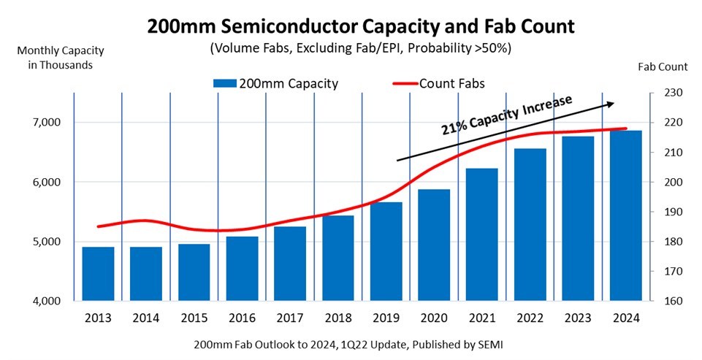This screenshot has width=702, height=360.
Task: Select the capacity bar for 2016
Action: pyautogui.click(x=242, y=268)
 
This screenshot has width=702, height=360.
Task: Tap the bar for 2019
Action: pyautogui.click(x=386, y=251)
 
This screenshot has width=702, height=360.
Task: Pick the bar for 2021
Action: pyautogui.click(x=482, y=234)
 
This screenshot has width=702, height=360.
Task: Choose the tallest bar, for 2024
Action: pyautogui.click(x=626, y=215)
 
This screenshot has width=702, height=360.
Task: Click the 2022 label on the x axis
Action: pyautogui.click(x=530, y=318)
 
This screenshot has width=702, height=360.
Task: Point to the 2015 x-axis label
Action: pyautogui.click(x=194, y=318)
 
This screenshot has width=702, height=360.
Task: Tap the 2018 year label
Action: pyautogui.click(x=337, y=318)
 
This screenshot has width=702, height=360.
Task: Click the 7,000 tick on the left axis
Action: pyautogui.click(x=46, y=123)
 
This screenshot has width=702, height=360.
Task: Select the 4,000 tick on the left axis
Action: pyautogui.click(x=46, y=301)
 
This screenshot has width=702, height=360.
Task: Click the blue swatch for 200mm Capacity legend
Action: pyautogui.click(x=225, y=83)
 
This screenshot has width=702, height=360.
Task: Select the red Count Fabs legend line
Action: pyautogui.click(x=398, y=83)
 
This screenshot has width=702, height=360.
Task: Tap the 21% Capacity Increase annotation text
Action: pyautogui.click(x=505, y=115)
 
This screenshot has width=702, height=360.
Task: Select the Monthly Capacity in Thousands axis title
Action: pyautogui.click(x=55, y=58)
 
